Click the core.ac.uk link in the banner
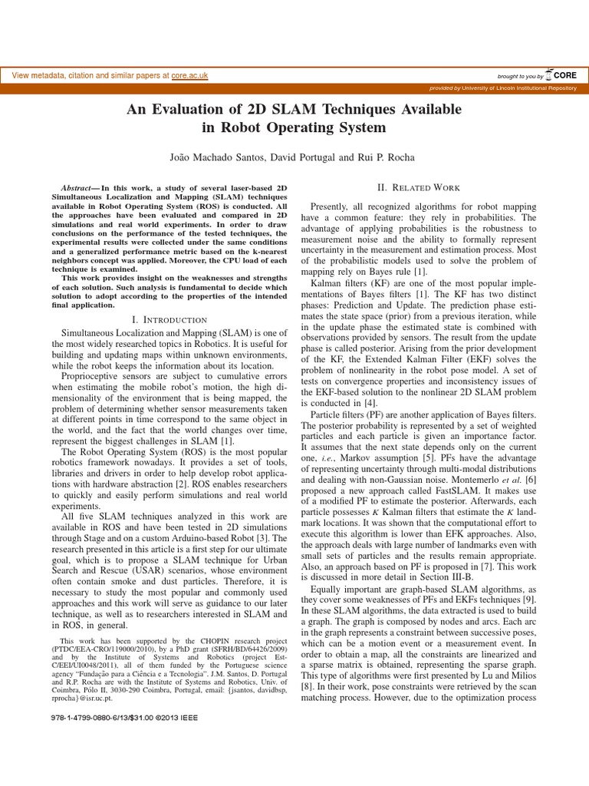point(189,76)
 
